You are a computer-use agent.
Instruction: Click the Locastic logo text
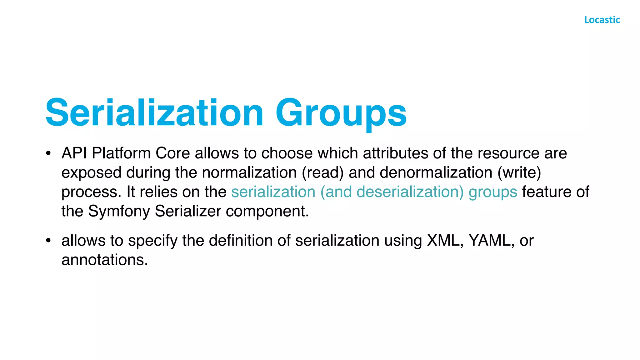pyautogui.click(x=602, y=20)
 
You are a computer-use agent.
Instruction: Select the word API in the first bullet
pyautogui.click(x=74, y=153)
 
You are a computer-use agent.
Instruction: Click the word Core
pyautogui.click(x=173, y=153)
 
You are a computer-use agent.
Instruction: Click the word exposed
pyautogui.click(x=91, y=173)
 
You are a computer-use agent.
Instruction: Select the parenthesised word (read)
pyautogui.click(x=322, y=172)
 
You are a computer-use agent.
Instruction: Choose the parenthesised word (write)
pyautogui.click(x=519, y=172)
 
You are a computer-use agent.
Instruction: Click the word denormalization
pyautogui.click(x=436, y=172)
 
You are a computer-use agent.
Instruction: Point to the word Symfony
pyautogui.click(x=119, y=212)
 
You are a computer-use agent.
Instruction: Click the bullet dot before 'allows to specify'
pyautogui.click(x=48, y=240)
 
